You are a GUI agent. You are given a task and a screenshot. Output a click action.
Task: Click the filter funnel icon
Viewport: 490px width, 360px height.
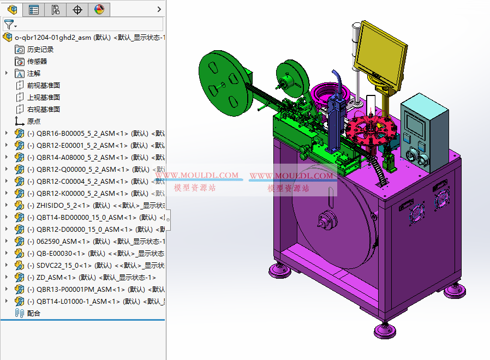pyautogui.click(x=9, y=25)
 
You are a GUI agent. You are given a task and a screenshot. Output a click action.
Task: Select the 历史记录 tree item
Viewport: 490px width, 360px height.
pyautogui.click(x=40, y=49)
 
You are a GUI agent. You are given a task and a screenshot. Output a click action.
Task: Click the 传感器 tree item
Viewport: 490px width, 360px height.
pyautogui.click(x=37, y=61)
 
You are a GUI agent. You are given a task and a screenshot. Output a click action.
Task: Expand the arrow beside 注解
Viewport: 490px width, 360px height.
pyautogui.click(x=7, y=73)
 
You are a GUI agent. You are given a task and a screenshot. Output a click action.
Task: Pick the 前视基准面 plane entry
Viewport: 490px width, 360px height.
pyautogui.click(x=43, y=85)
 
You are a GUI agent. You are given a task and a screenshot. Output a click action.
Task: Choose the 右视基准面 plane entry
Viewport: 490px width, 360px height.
pyautogui.click(x=43, y=109)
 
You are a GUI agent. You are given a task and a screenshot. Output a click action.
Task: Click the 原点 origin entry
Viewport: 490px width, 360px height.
pyautogui.click(x=33, y=121)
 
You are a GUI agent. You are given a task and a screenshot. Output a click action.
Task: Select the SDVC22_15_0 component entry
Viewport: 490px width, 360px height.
pyautogui.click(x=63, y=265)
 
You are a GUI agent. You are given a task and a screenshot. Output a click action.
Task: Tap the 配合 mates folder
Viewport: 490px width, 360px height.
pyautogui.click(x=33, y=313)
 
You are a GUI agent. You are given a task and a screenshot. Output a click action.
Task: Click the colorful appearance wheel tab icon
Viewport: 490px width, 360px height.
pyautogui.click(x=99, y=9)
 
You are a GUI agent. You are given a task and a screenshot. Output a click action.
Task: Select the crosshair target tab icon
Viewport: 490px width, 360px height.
pyautogui.click(x=77, y=9)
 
